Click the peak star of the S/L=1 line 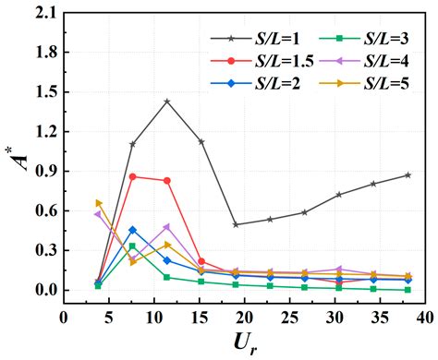tap(167, 102)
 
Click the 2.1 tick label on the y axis tap(43, 13)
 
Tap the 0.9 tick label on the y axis tap(43, 172)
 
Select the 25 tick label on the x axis tap(243, 316)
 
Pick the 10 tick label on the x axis tap(135, 316)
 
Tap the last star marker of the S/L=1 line tap(408, 175)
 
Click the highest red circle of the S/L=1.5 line tap(133, 176)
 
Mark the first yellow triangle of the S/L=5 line tap(99, 203)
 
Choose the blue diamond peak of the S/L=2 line tap(133, 230)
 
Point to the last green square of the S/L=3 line tap(408, 290)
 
